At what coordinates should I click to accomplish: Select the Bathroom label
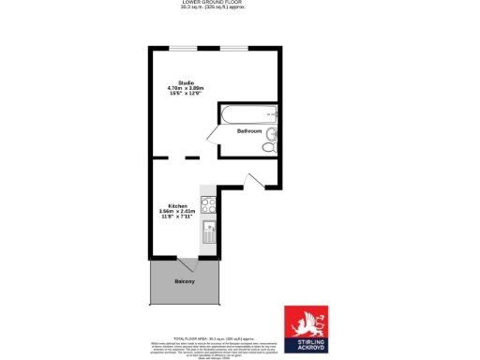248,131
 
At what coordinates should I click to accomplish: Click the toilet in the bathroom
268,147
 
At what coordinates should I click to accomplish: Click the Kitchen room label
177,205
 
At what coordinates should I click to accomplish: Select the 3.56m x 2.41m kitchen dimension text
177,211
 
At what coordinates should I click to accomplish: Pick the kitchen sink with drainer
209,229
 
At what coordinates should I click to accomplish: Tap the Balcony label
185,281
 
